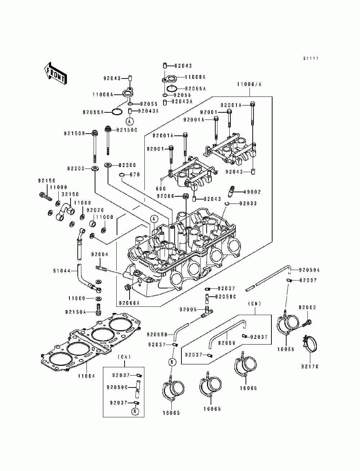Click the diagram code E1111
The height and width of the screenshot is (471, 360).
311,58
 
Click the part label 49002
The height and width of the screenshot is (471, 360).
252,192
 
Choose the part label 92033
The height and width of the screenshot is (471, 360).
248,203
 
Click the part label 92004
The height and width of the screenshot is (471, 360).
100,255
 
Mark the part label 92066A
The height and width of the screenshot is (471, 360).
129,303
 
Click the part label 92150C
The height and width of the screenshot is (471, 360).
127,130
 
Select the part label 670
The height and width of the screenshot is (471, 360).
135,175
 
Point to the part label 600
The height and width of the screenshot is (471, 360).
161,188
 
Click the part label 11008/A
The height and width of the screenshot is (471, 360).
249,84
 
